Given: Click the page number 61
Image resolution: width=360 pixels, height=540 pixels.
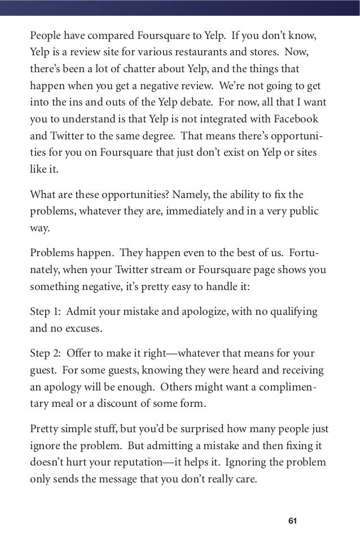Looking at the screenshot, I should coord(292,520).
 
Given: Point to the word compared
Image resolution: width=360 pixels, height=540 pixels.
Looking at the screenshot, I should coord(107,36).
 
